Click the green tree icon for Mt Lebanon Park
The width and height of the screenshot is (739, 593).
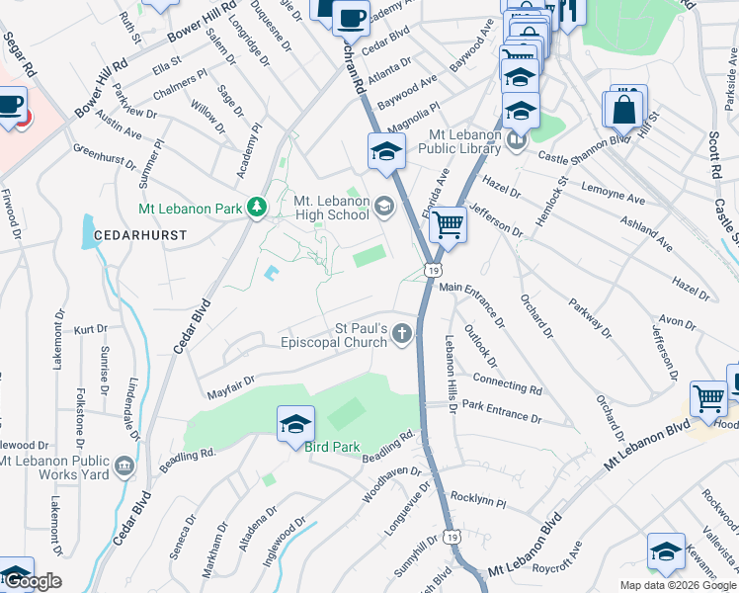coord(258,207)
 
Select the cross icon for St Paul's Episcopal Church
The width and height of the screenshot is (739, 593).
coord(401,334)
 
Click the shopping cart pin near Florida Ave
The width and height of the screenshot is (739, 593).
coord(449,225)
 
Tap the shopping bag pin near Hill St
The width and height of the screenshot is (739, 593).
coord(625,110)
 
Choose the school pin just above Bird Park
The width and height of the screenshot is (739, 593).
coord(295,424)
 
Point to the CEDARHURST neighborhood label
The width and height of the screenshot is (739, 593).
coord(134,236)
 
